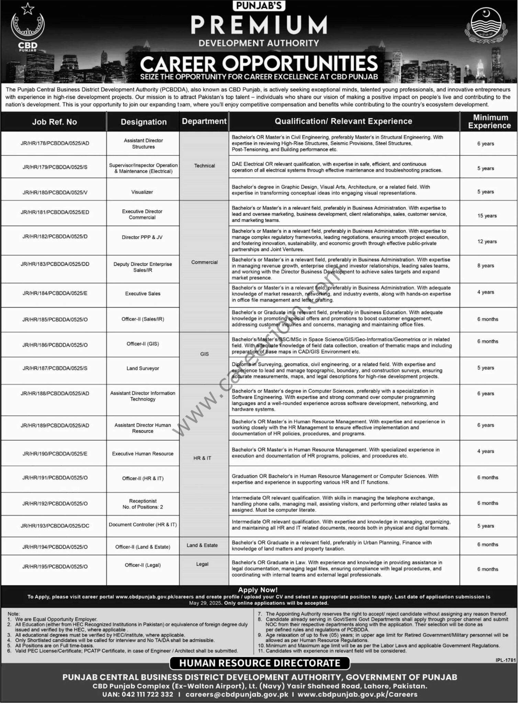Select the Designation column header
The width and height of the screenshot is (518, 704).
[x=144, y=122]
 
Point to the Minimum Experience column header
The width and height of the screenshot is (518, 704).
[x=489, y=121]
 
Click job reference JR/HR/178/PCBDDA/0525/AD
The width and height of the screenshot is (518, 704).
[x=55, y=143]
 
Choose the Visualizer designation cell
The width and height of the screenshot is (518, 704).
[x=142, y=192]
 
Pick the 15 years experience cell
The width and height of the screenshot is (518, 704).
[x=487, y=216]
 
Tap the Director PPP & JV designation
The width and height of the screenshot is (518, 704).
[x=142, y=237]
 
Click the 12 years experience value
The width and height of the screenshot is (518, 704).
[x=487, y=242]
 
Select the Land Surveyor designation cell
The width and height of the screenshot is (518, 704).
[x=143, y=368]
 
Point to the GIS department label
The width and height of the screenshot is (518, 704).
[x=204, y=354]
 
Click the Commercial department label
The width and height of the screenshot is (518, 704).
[x=204, y=262]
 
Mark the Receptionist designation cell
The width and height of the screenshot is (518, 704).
[x=143, y=504]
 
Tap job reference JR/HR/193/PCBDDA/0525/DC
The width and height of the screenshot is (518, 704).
[x=55, y=526]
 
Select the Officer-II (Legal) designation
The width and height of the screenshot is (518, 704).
[x=143, y=565]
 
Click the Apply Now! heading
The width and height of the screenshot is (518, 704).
[x=258, y=590]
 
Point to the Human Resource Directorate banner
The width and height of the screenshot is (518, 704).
[x=259, y=663]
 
